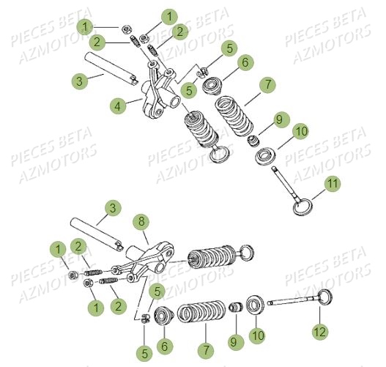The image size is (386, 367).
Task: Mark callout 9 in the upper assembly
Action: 278,119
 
